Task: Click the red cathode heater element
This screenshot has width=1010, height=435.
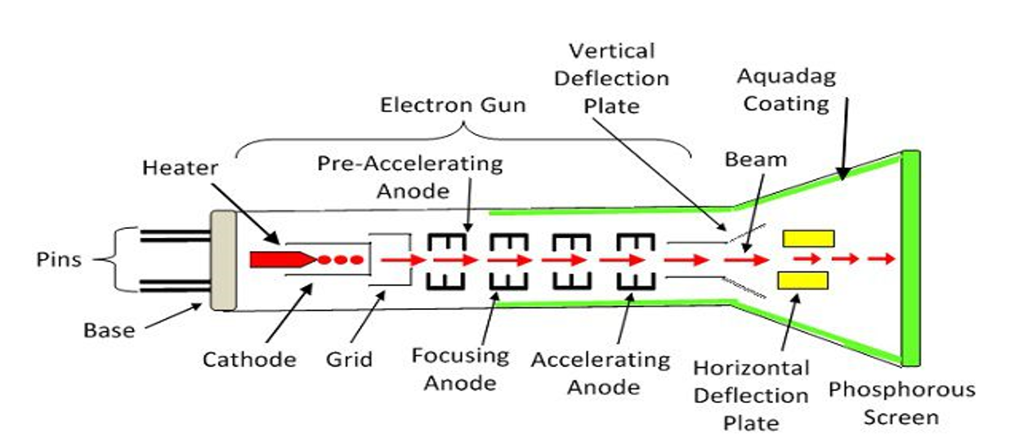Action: [282, 259]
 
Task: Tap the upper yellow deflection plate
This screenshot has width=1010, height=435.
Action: [808, 239]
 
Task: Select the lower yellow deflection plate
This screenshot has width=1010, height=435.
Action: [802, 280]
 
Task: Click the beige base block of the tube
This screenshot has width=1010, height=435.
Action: [224, 260]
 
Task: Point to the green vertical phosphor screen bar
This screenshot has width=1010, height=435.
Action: [911, 258]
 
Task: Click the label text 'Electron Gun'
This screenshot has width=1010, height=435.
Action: [453, 105]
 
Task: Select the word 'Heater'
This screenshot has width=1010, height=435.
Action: [181, 168]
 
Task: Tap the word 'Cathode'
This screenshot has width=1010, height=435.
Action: [249, 360]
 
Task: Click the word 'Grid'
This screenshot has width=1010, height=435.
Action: [350, 360]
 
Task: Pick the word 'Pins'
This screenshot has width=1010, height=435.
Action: [59, 259]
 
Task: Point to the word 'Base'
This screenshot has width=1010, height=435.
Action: [109, 330]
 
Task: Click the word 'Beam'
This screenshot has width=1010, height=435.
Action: [756, 159]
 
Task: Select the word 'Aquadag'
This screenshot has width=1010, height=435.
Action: [786, 77]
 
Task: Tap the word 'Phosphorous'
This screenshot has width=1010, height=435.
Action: [902, 390]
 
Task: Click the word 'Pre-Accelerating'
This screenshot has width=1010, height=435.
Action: [410, 164]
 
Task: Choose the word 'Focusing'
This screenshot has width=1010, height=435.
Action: [460, 356]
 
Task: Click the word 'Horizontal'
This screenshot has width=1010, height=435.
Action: [751, 368]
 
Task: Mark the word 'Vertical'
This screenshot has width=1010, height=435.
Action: [612, 51]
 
